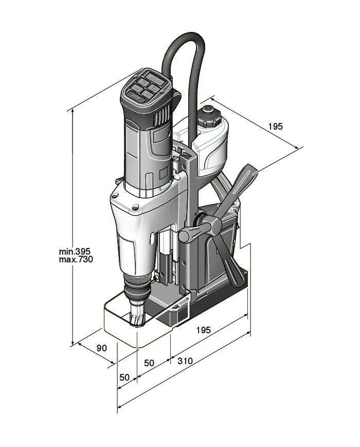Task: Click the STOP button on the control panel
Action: pos(136,95)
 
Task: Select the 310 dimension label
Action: pos(185,361)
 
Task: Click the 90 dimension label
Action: pos(102,348)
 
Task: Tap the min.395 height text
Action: pos(75,252)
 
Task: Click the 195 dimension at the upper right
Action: pos(275,127)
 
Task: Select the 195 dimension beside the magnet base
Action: pos(203,330)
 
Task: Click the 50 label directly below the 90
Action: pos(124,377)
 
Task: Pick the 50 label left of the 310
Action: pos(149,363)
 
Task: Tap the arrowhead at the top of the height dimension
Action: pos(73,110)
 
